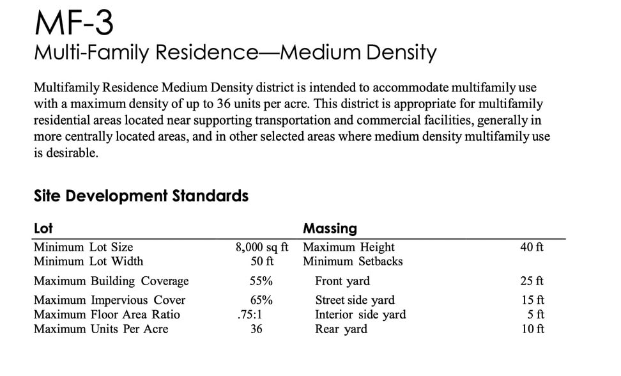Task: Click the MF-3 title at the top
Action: coord(74,24)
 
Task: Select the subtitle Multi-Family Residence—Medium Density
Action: coord(234,52)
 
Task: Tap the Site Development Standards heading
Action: coord(141,196)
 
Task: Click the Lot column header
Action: coord(43,228)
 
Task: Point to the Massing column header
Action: coord(330,228)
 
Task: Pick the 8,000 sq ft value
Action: coord(262,247)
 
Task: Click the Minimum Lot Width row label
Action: coord(88,262)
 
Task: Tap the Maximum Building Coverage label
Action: coord(111,281)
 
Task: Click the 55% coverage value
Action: coord(261,281)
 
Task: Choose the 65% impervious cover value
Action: coord(261,301)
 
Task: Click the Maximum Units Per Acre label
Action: coord(101,329)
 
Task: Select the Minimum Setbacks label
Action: coord(353,262)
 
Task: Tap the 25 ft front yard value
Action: coord(532,281)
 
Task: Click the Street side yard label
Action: coord(355,301)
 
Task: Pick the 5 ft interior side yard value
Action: coord(536,315)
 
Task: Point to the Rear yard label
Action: coord(341,329)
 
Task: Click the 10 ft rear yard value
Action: coord(532,329)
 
